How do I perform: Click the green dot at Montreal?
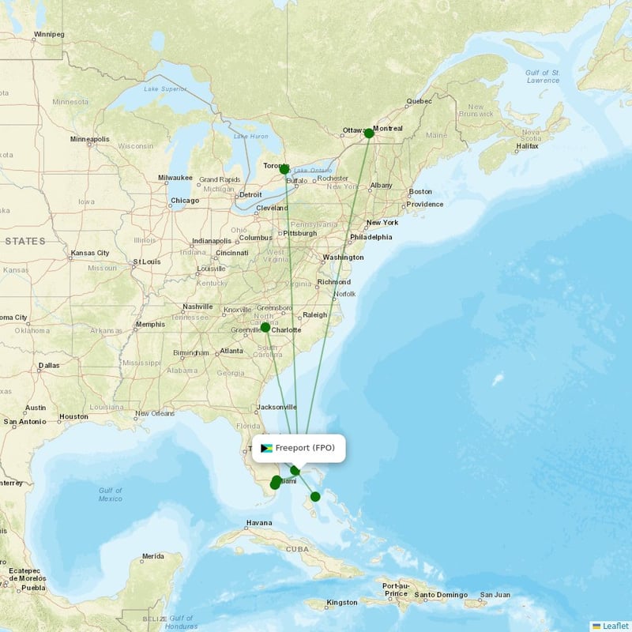(369, 133)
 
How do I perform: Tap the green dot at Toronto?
(284, 169)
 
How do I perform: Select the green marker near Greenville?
(265, 327)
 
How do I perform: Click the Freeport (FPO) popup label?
(305, 448)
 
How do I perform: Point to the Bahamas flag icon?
(266, 448)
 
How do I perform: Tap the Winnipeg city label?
(49, 35)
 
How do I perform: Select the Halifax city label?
(526, 146)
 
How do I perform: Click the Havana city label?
(258, 523)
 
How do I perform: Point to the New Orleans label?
(154, 413)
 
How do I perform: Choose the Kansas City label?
(89, 254)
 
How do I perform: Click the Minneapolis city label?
(89, 139)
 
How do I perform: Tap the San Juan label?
(496, 594)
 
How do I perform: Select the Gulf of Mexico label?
(111, 495)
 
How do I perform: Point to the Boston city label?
(420, 191)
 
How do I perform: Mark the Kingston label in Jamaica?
(342, 602)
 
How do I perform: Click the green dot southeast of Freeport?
(315, 497)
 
